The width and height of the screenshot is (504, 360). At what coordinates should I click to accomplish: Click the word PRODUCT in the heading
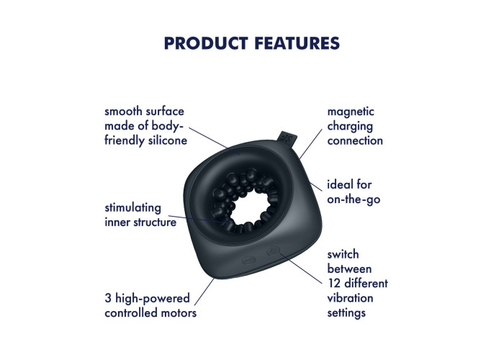pos(206,43)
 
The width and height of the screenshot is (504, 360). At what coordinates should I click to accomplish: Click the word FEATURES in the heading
pos(297,43)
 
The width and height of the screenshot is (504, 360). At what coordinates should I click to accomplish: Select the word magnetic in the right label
pos(351,112)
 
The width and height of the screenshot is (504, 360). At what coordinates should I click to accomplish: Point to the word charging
pos(350,126)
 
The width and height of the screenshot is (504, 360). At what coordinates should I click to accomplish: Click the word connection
pos(355,141)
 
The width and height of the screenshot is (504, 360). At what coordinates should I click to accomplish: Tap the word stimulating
pos(132,208)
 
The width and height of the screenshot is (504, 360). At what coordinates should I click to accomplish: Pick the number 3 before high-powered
pos(108,298)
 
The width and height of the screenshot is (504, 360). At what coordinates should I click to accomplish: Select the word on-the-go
pos(354,199)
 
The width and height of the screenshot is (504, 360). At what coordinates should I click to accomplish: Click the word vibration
pos(350,298)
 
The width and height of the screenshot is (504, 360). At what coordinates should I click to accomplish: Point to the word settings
pos(346,312)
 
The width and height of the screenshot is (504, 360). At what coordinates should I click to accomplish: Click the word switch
pos(343,254)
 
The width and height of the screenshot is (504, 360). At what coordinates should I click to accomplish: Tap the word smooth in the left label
pos(123,112)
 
